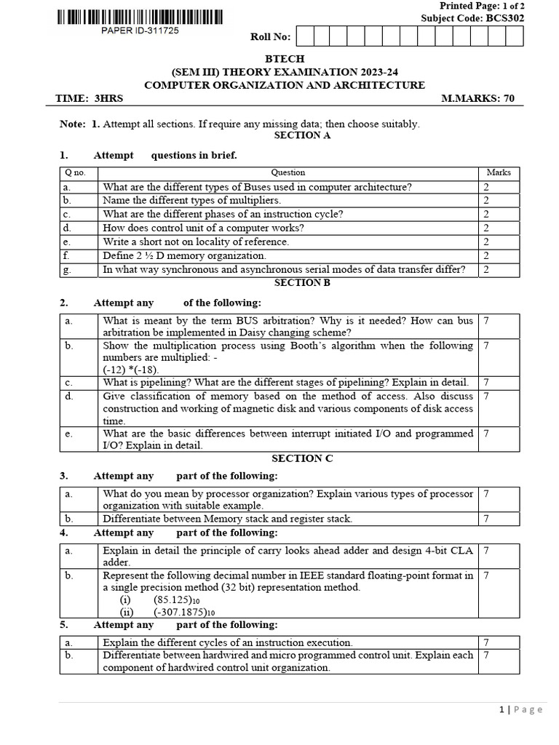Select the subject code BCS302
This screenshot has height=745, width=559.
466,19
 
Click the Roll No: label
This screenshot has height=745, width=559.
270,37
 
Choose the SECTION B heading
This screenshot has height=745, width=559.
301,282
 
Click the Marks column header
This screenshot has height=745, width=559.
499,173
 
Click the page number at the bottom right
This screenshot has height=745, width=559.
504,710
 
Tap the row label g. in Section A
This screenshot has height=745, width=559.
66,269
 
